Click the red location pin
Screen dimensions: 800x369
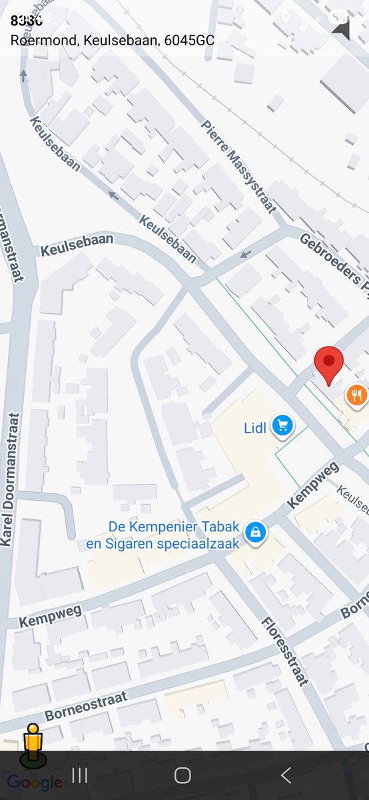point(328,364)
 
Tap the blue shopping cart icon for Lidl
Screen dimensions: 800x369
point(283,425)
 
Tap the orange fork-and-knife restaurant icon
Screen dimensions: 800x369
point(357,396)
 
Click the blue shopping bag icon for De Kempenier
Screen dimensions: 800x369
point(254,531)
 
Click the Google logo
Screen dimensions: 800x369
point(34,783)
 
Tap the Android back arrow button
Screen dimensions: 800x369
point(286,775)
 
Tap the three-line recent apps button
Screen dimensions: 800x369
point(79,775)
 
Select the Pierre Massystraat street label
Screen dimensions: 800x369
point(238,167)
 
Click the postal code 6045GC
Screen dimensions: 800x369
point(188,40)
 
